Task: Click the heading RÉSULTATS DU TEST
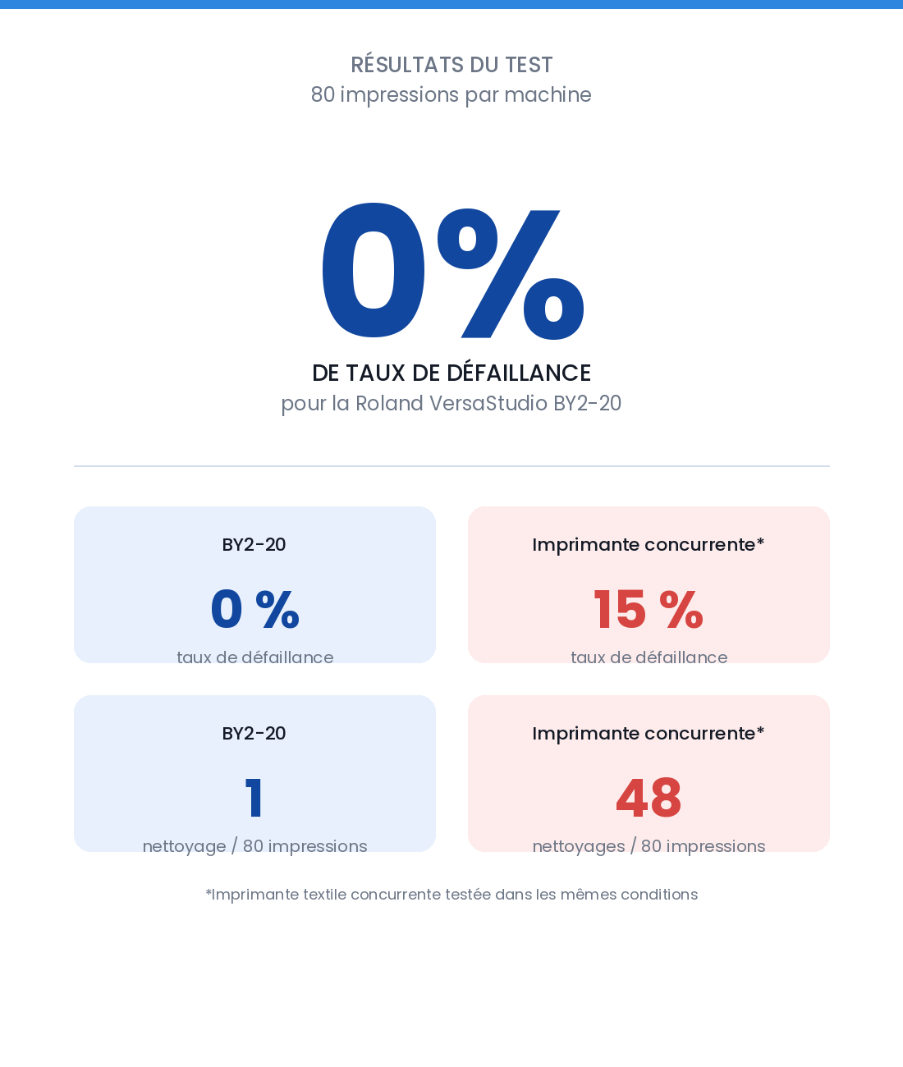[451, 65]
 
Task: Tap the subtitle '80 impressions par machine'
[451, 95]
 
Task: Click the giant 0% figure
[453, 271]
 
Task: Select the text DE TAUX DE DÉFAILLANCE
[451, 373]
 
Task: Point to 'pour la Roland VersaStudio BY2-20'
[451, 403]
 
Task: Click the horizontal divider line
[451, 466]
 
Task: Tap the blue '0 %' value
[255, 609]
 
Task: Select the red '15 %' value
[649, 609]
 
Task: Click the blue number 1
[254, 798]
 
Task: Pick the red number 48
[649, 798]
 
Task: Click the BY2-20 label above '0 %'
[254, 545]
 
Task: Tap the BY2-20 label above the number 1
[254, 734]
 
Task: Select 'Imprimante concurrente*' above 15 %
[649, 545]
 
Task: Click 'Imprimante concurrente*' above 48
[649, 734]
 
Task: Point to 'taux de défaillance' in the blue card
[255, 657]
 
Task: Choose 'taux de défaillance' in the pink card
[649, 657]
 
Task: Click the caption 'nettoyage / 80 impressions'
[255, 846]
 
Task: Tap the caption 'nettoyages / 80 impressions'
[649, 846]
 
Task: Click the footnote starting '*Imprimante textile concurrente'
[451, 895]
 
